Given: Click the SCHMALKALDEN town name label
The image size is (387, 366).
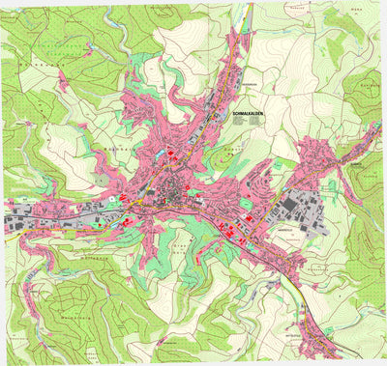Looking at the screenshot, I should (x=249, y=114).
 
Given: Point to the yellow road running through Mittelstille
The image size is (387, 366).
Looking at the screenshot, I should (x=308, y=319).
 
